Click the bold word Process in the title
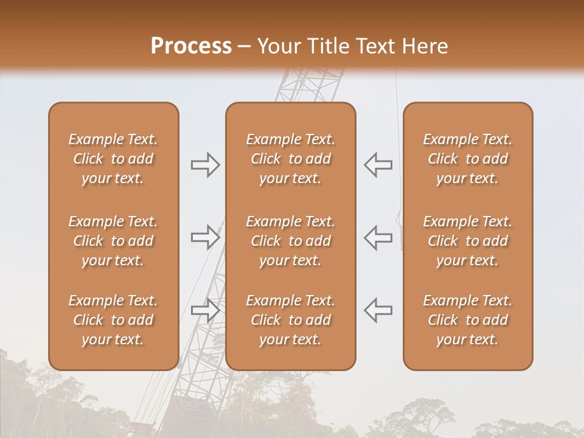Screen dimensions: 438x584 (191, 46)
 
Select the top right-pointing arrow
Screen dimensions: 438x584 (205, 164)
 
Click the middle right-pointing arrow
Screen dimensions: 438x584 (205, 237)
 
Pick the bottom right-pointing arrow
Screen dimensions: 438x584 (205, 310)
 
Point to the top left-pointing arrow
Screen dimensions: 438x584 (378, 164)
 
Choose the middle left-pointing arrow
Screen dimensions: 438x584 (378, 237)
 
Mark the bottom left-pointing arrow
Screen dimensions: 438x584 (378, 310)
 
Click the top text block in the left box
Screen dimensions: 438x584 (113, 159)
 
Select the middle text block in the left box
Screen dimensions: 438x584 (113, 241)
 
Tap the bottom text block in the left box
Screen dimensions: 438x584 (113, 320)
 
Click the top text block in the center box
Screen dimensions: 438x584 (290, 159)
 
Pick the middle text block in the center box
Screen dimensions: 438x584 (290, 241)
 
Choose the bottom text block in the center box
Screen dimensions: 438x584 (290, 320)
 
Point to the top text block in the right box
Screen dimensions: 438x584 (467, 159)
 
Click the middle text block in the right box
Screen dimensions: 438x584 (467, 241)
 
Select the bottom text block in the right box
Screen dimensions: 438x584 (467, 320)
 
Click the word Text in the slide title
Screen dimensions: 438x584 (374, 46)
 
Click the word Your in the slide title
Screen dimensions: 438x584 (279, 46)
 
